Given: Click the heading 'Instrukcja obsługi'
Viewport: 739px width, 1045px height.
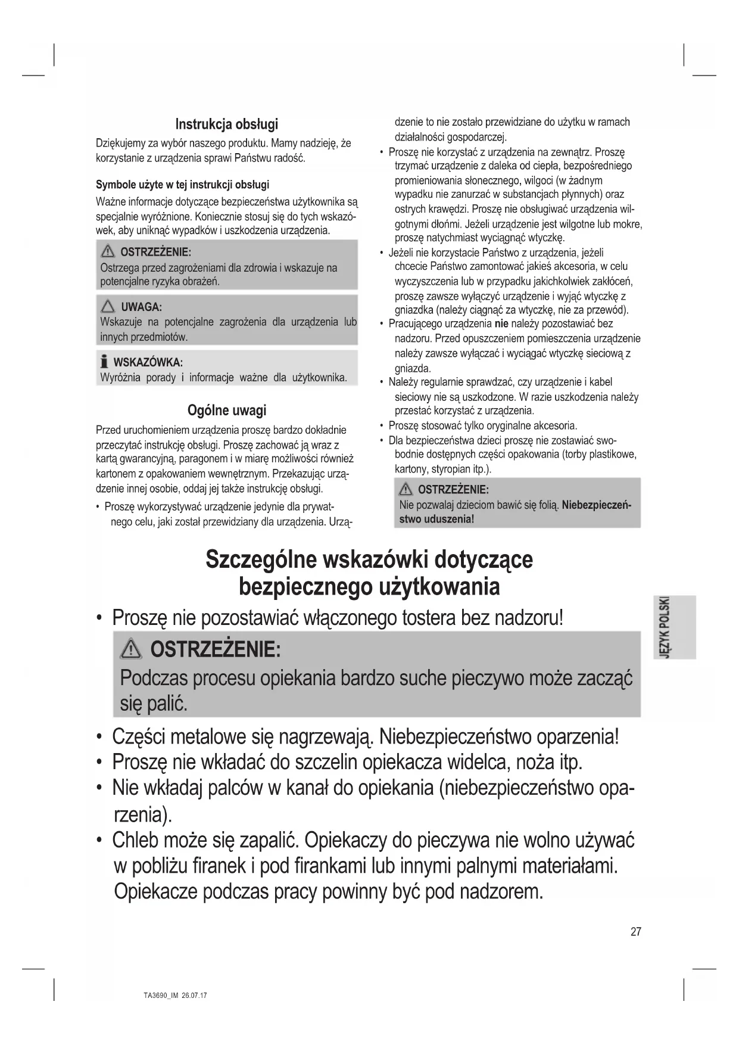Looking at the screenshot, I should click(x=226, y=125).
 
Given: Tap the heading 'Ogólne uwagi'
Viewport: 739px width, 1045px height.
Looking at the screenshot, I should click(x=227, y=410).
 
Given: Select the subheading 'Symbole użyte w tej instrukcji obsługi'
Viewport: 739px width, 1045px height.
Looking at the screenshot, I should click(x=182, y=185).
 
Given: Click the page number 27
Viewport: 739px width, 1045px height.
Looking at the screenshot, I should click(x=636, y=931).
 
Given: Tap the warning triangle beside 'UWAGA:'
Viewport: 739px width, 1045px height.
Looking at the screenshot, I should click(x=108, y=307).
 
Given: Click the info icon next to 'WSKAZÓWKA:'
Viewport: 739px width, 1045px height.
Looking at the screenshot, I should click(x=104, y=362).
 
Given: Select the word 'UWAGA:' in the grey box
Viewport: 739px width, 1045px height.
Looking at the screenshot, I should click(x=141, y=307).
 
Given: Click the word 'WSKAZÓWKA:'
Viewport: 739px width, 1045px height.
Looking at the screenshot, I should click(x=148, y=362).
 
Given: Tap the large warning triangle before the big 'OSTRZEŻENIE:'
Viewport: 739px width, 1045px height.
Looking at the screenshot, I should click(x=131, y=649).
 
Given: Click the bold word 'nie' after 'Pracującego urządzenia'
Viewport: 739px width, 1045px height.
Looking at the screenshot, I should click(x=501, y=324).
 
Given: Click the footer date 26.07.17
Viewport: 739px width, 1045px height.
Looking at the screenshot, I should click(x=194, y=996).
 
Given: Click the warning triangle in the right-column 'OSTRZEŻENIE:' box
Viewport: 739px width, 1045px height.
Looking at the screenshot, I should click(x=406, y=490).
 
